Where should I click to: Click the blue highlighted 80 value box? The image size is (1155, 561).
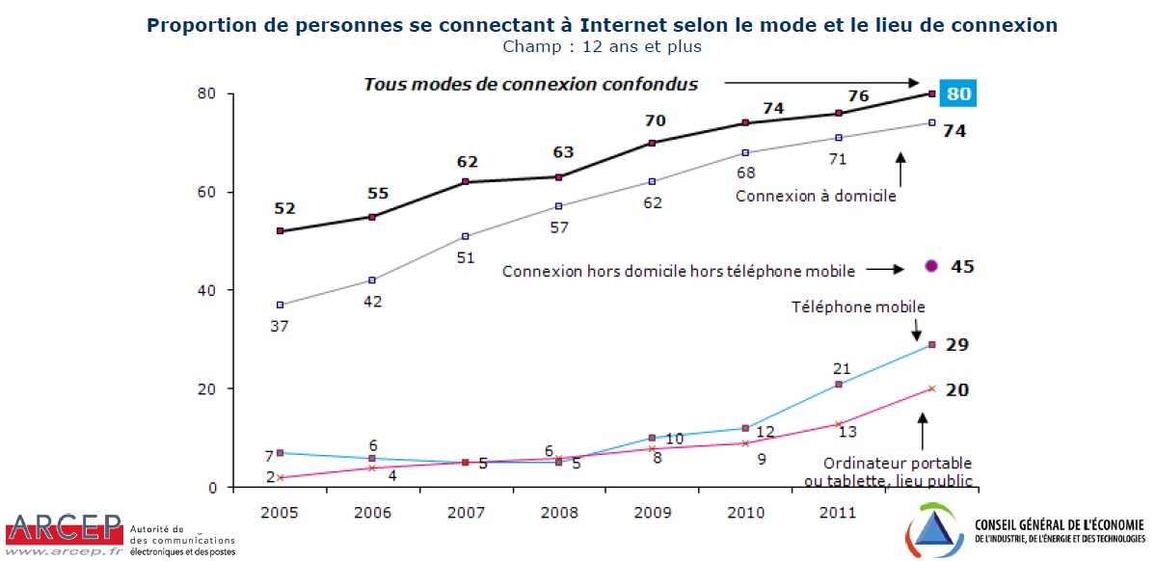(x=958, y=93)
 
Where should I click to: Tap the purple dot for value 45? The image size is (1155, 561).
(x=931, y=266)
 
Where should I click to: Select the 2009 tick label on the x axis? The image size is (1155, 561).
(x=652, y=512)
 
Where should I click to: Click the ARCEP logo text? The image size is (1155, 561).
(x=64, y=529)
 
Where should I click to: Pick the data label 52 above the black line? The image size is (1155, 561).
(x=283, y=208)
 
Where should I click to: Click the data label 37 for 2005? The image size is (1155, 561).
(x=280, y=326)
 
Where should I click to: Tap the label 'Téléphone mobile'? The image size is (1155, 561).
(x=858, y=307)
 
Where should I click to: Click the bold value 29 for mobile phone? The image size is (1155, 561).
(x=957, y=345)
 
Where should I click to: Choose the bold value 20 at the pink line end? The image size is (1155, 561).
(x=957, y=389)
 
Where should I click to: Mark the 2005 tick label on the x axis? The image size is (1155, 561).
(x=280, y=512)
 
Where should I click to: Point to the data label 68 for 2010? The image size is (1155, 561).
(x=745, y=174)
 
